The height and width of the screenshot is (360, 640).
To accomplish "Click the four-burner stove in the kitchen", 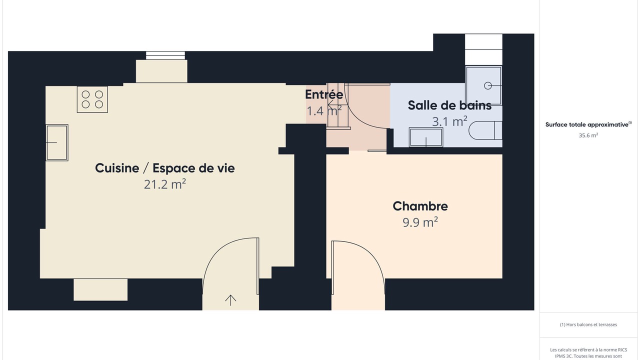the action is tap(92, 99).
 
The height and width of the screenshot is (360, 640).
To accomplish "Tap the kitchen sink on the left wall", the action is tap(57, 142).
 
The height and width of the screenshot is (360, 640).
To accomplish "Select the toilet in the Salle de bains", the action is tap(485, 130).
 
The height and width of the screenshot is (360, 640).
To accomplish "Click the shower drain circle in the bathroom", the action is tap(487, 85).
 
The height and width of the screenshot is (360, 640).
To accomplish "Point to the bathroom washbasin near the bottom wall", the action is tap(426, 137).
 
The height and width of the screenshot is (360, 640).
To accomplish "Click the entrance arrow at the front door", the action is tap(230, 300).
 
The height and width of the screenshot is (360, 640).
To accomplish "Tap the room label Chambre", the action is tap(420, 206).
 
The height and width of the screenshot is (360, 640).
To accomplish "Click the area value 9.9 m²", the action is tap(420, 222).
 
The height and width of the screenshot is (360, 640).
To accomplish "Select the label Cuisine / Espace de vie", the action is tap(165, 168).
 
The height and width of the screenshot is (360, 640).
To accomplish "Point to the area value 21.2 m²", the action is tap(165, 184).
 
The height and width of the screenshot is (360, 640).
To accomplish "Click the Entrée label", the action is tap(324, 94).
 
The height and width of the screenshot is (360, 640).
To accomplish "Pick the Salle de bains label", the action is tap(449, 105).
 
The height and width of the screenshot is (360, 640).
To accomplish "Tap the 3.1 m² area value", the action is tap(449, 121).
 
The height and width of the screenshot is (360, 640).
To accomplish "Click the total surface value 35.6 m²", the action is tap(588, 135).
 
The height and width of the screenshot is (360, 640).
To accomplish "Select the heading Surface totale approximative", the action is tap(588, 124).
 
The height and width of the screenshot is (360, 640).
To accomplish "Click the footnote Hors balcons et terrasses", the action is tap(588, 324).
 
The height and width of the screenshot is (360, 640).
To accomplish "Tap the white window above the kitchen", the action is tap(165, 55).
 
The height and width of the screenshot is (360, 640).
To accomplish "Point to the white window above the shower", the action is tap(483, 49).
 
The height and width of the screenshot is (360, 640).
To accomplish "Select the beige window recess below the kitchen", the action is tap(100, 289).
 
